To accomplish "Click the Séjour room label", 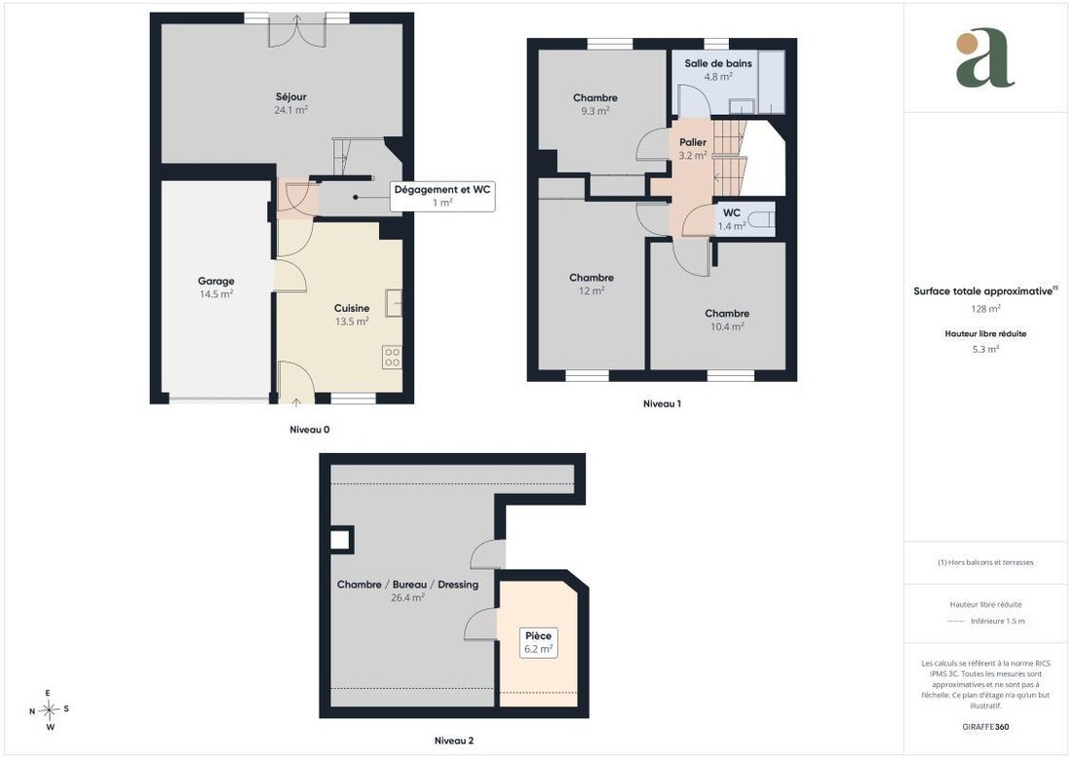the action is (291, 97).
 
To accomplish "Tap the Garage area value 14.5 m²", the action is (216, 294).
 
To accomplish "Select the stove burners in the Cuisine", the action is (392, 357).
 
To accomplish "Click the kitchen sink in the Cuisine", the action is (393, 303).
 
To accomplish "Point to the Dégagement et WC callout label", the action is (442, 196).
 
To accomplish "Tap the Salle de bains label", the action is (718, 63).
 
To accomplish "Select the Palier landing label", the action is (693, 143).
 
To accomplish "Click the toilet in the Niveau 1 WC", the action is (761, 219).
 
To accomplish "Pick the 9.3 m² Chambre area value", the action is (594, 111).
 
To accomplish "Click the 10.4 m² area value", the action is (727, 326).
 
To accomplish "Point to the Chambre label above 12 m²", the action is (592, 279).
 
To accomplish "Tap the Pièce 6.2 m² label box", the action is (538, 642).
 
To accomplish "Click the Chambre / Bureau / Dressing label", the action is (407, 586).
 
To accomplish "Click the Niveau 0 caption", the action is (310, 430).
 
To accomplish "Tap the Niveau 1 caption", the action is (662, 404).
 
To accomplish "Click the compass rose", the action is (50, 710).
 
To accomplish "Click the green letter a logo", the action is (985, 58).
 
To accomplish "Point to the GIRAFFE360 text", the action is (985, 727).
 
